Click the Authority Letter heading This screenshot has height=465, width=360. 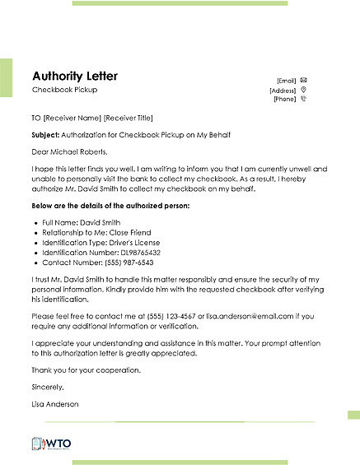coord(75,75)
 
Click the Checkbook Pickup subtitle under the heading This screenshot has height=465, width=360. coord(63,89)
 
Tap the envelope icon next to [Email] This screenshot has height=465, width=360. coord(304,80)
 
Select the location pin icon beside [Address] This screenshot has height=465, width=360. coord(304,89)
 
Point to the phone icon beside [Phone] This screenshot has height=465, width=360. coord(304,99)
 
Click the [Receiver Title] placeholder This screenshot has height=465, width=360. coord(128,118)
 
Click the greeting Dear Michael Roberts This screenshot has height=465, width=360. coord(70,151)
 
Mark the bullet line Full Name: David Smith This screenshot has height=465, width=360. coord(78,223)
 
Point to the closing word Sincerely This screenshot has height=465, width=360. coord(47,386)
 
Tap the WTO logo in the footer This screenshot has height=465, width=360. coord(52,443)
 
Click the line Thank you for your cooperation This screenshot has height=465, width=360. coord(86,370)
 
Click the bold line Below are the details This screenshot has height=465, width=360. coord(110,204)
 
